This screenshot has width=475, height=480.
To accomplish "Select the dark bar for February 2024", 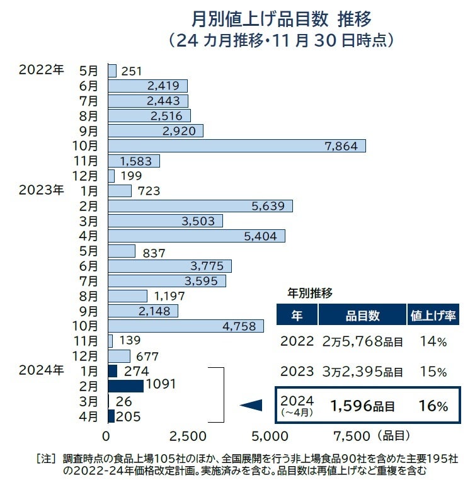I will point(125,386).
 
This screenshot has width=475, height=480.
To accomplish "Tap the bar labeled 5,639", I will point(200,206).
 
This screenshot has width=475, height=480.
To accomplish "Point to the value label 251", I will point(131,71).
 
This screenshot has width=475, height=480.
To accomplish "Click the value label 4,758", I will point(239,326).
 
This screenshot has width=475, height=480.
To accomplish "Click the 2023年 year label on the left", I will point(41,189).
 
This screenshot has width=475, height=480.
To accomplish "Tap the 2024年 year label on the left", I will point(41,370).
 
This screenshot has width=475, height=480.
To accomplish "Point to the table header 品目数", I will point(362,315).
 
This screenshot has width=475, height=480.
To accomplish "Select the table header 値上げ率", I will point(433,315).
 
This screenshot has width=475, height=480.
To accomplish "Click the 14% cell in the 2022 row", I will point(433,342).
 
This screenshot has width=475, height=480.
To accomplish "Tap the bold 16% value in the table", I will point(433,406).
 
